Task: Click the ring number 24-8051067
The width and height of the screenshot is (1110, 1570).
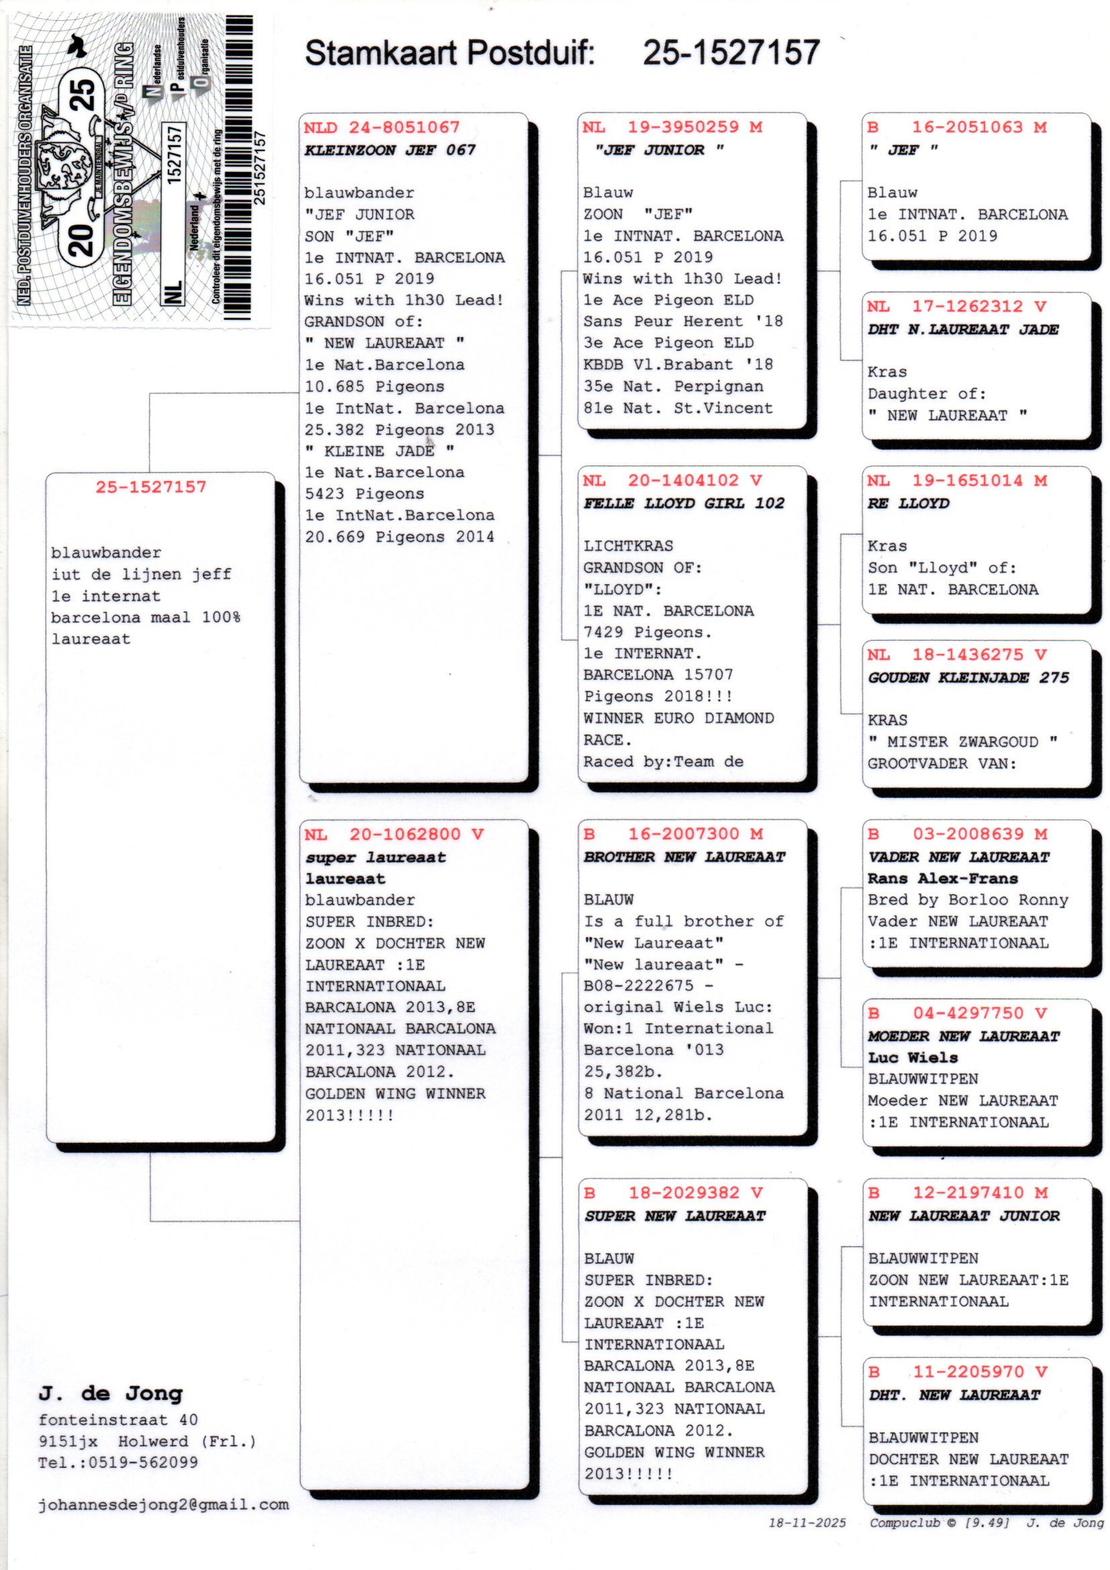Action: [404, 127]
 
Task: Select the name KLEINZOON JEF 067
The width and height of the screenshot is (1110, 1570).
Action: [390, 150]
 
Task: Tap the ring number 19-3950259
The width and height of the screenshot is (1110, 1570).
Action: [683, 126]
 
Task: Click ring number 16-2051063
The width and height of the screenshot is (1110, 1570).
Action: [967, 126]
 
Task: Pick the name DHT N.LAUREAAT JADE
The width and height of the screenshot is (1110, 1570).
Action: [963, 329]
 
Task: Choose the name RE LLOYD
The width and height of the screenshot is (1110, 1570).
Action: [909, 503]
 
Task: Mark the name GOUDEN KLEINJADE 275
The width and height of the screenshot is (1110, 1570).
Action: [968, 678]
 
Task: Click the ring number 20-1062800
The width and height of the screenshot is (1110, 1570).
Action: [405, 834]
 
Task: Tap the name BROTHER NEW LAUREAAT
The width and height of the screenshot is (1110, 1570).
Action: [684, 857]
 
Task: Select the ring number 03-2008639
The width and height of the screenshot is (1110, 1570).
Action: [968, 833]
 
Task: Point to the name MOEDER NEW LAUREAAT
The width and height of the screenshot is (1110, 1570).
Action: [963, 1036]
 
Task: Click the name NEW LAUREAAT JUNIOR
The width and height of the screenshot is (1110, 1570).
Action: [964, 1216]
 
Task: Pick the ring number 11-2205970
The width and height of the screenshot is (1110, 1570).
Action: [968, 1372]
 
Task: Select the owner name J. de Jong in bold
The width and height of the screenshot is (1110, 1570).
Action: [111, 1393]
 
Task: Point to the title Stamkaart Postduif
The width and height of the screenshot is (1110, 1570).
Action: [449, 52]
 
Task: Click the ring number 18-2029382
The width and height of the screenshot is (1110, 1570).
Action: [684, 1193]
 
